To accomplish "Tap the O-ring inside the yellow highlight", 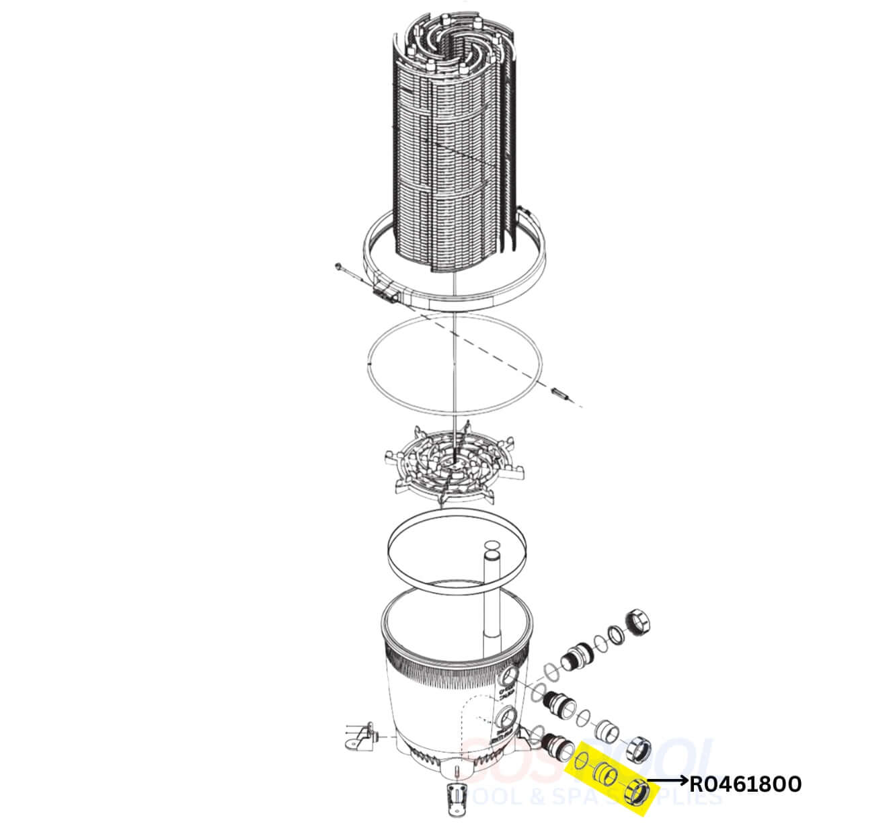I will [582, 763].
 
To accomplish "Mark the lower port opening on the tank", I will [508, 717].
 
